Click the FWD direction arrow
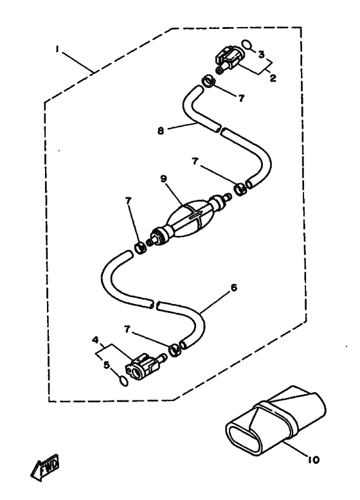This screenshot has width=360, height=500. pyautogui.click(x=45, y=467)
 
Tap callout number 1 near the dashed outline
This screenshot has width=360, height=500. pyautogui.click(x=57, y=49)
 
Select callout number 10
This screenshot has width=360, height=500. pyautogui.click(x=314, y=460)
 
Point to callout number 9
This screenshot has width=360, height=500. pyautogui.click(x=163, y=179)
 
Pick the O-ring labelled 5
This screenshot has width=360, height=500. pyautogui.click(x=123, y=380)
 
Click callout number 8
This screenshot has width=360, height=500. pyautogui.click(x=161, y=130)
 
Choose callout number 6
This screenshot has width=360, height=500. pyautogui.click(x=234, y=288)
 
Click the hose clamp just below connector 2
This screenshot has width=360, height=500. pyautogui.click(x=208, y=82)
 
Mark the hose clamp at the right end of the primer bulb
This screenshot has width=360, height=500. pyautogui.click(x=240, y=189)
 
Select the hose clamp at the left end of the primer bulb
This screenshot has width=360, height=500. pyautogui.click(x=140, y=248)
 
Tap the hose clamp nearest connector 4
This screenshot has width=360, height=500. pyautogui.click(x=175, y=350)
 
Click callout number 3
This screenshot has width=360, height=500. pyautogui.click(x=262, y=55)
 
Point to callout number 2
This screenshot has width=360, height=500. pyautogui.click(x=273, y=78)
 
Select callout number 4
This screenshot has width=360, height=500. pyautogui.click(x=95, y=340)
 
